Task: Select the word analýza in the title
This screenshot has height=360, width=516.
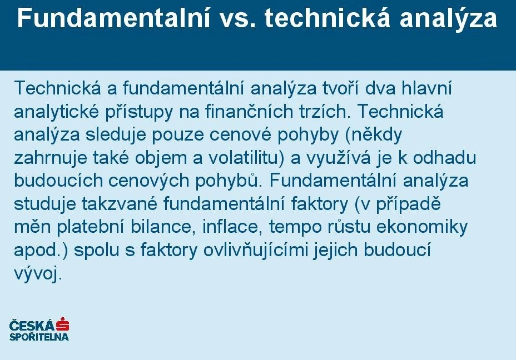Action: (x=449, y=19)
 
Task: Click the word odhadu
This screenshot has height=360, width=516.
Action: (x=445, y=157)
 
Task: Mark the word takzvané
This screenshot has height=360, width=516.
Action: (x=120, y=204)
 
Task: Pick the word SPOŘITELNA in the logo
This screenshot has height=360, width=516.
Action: (x=39, y=337)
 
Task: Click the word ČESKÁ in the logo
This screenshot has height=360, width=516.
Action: (x=32, y=325)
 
